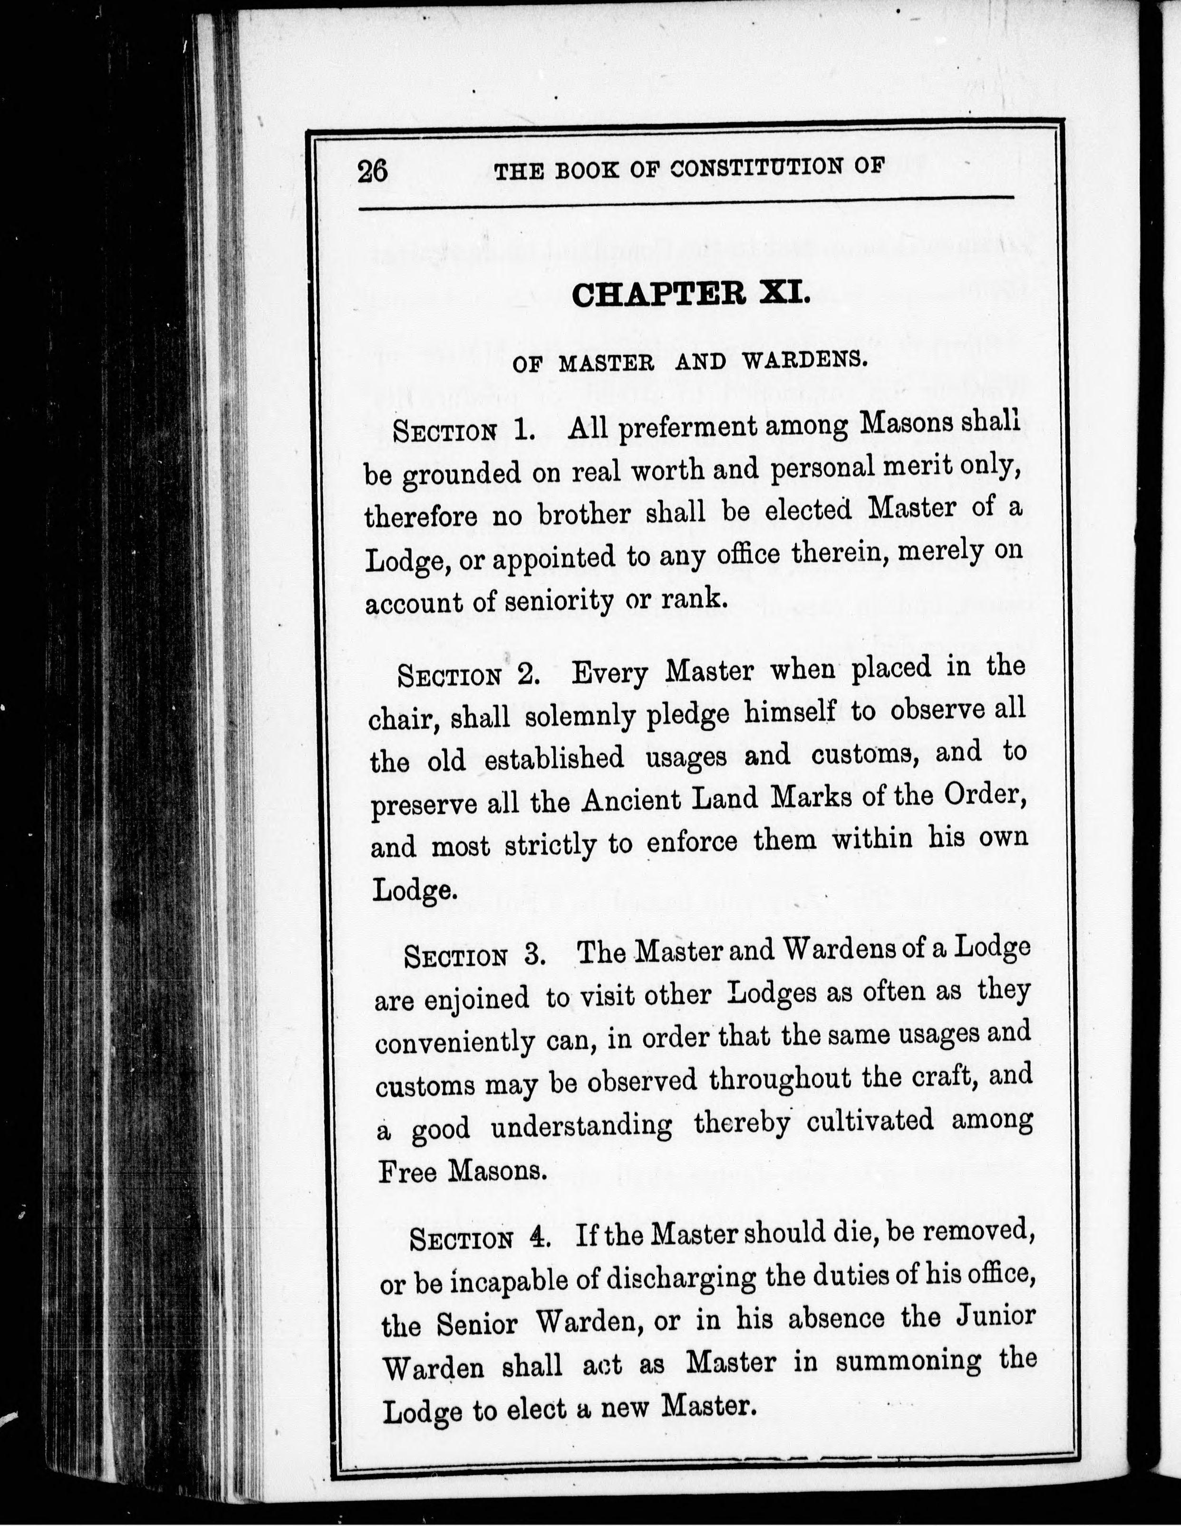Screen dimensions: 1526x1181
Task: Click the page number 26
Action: [x=372, y=170]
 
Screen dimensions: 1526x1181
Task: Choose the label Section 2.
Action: [x=468, y=675]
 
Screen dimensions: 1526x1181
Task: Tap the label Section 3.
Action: [x=475, y=956]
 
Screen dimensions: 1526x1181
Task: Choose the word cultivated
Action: [x=870, y=1121]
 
